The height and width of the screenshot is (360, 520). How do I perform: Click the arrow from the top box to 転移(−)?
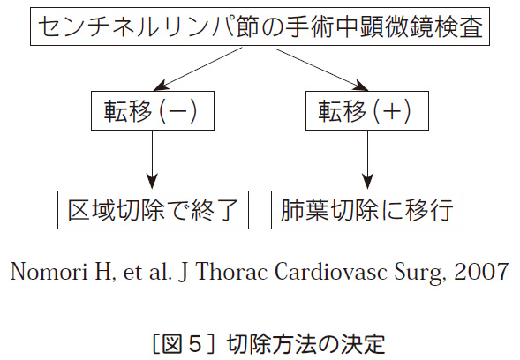tap(198, 69)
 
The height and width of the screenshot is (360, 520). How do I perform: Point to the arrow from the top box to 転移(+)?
tap(321, 69)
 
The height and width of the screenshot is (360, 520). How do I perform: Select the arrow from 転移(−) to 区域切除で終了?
tap(153, 160)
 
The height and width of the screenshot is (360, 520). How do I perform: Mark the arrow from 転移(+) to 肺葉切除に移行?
tap(367, 160)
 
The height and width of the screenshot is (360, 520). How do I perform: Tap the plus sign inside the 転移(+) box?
tap(392, 111)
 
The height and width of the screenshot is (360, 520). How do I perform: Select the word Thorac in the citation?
tap(231, 272)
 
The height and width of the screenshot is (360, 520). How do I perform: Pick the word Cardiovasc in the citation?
tap(331, 272)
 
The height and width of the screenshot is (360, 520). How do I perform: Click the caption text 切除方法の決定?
tap(305, 344)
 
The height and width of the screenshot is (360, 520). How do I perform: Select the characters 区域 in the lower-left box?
tap(90, 210)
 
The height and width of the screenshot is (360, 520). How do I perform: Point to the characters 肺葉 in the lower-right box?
tap(303, 210)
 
